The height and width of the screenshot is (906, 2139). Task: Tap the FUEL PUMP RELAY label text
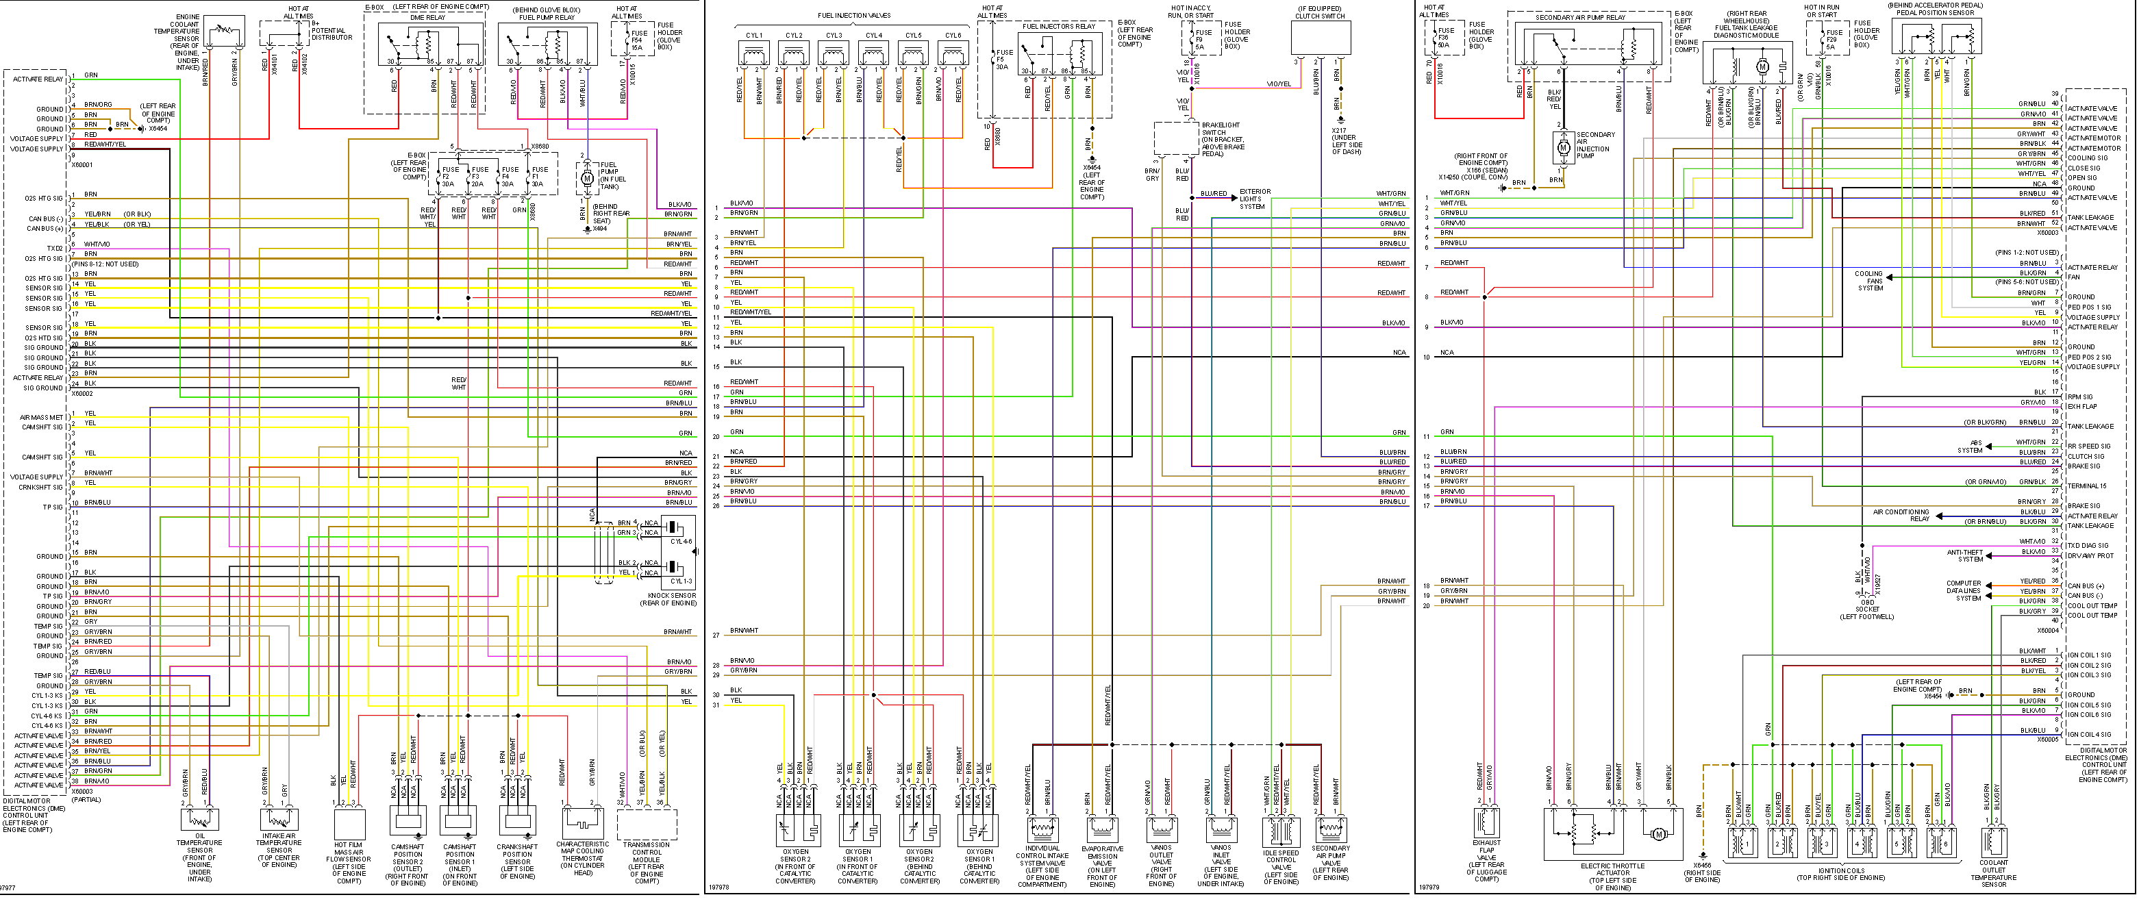[547, 17]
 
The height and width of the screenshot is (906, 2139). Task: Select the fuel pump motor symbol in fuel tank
[587, 179]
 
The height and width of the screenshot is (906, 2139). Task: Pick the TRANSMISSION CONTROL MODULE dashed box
[647, 824]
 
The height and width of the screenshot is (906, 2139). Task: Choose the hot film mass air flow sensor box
[349, 824]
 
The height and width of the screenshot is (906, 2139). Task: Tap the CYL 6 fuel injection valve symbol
[953, 55]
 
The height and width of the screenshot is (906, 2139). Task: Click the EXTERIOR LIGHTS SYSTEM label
[1255, 199]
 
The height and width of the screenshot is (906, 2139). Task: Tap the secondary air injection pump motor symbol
[1564, 147]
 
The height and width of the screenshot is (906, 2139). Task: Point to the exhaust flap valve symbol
[1486, 823]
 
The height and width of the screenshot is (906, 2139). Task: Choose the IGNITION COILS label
[1841, 874]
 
